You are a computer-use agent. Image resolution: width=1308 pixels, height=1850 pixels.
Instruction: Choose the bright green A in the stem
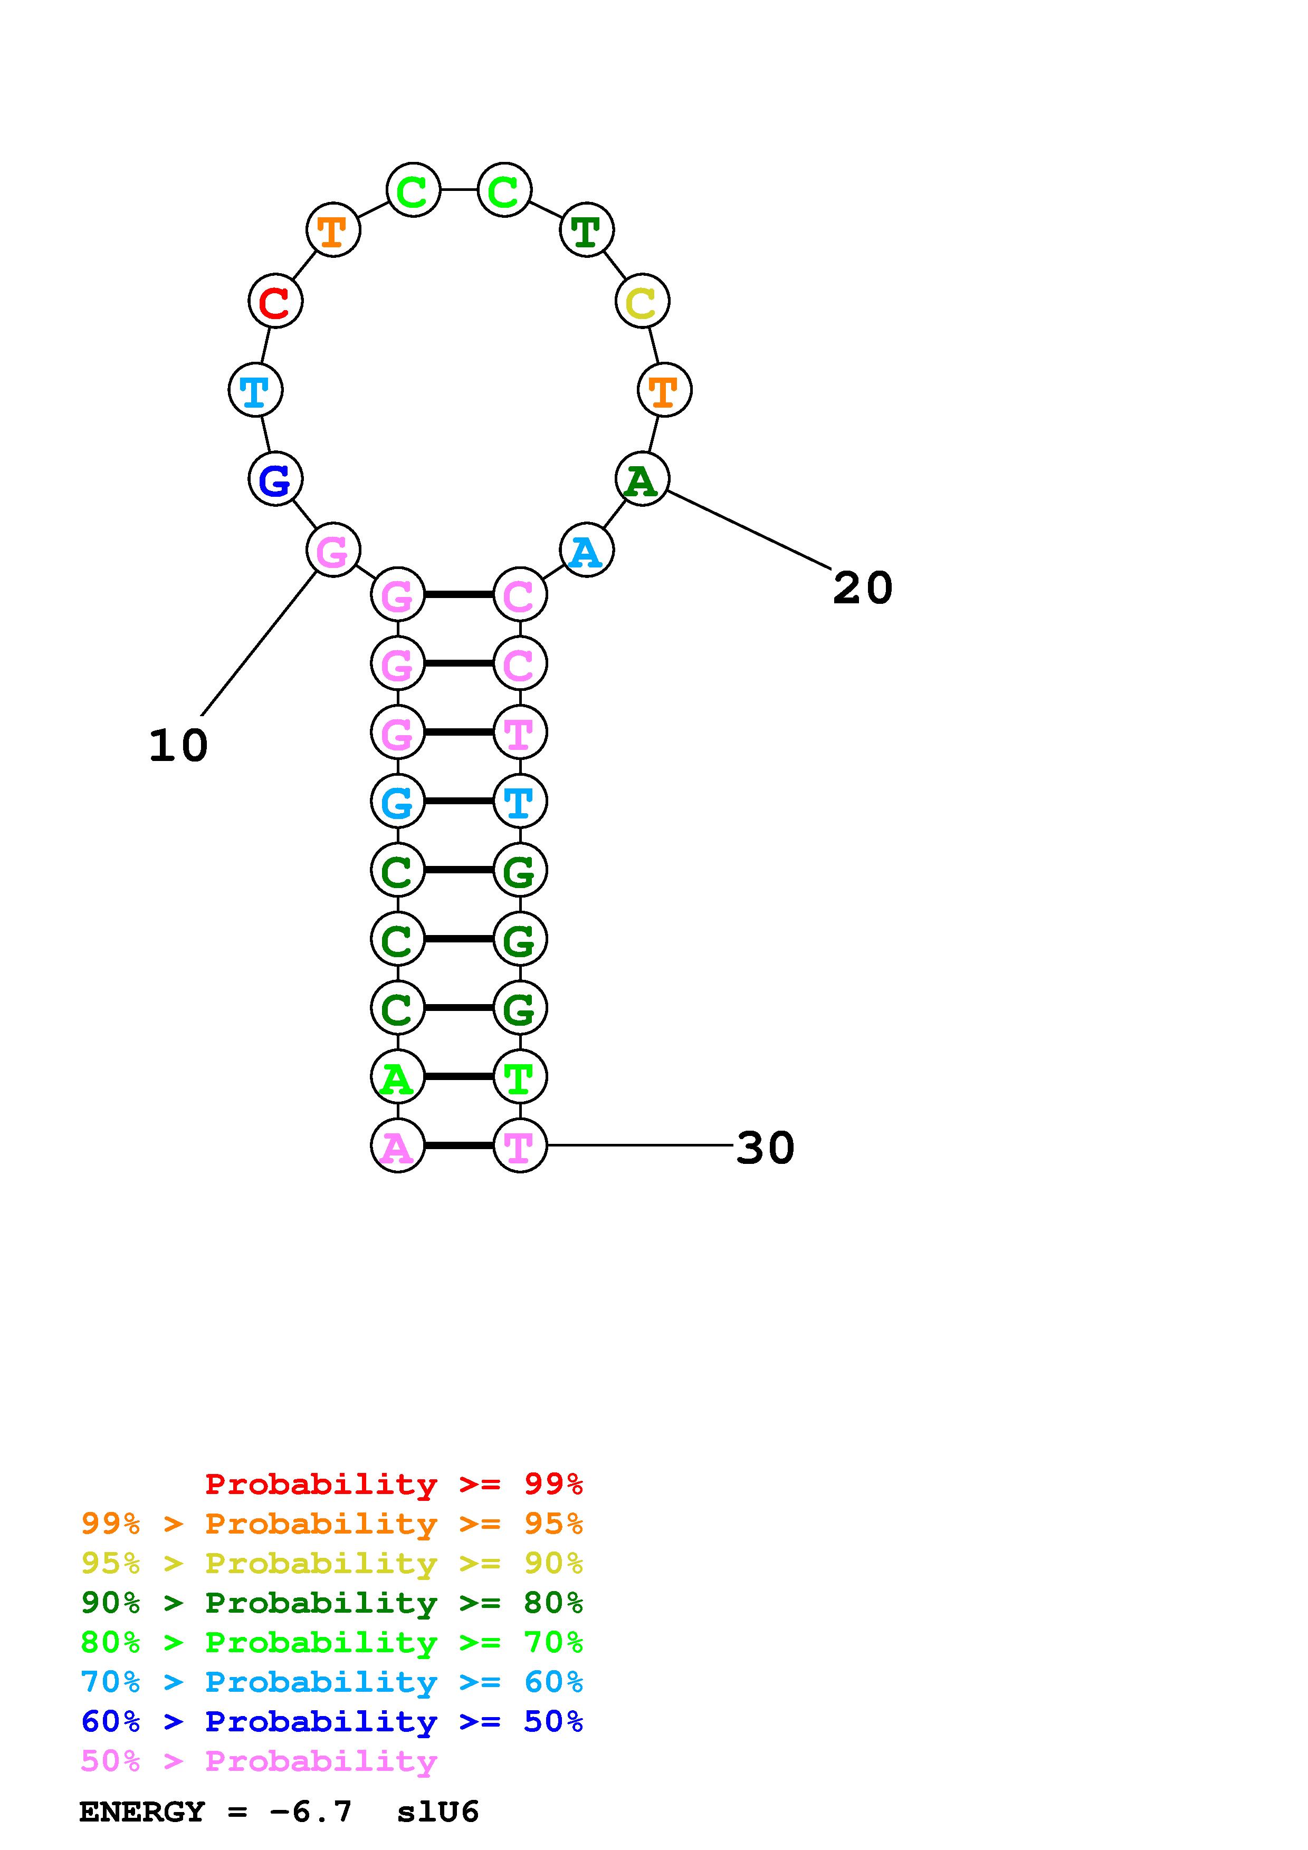click(x=397, y=1076)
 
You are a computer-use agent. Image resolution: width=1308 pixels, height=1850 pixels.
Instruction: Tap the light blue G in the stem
click(x=397, y=802)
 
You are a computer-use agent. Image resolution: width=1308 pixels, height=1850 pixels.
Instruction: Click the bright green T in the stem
click(x=519, y=1076)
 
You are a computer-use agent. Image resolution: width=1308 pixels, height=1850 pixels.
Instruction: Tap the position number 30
click(x=765, y=1148)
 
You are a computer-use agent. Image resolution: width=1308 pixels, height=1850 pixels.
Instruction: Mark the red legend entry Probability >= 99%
click(x=393, y=1483)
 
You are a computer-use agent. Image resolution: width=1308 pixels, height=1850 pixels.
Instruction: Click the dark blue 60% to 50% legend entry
click(x=332, y=1721)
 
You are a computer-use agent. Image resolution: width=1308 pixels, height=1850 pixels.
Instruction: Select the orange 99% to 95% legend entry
click(x=332, y=1524)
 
